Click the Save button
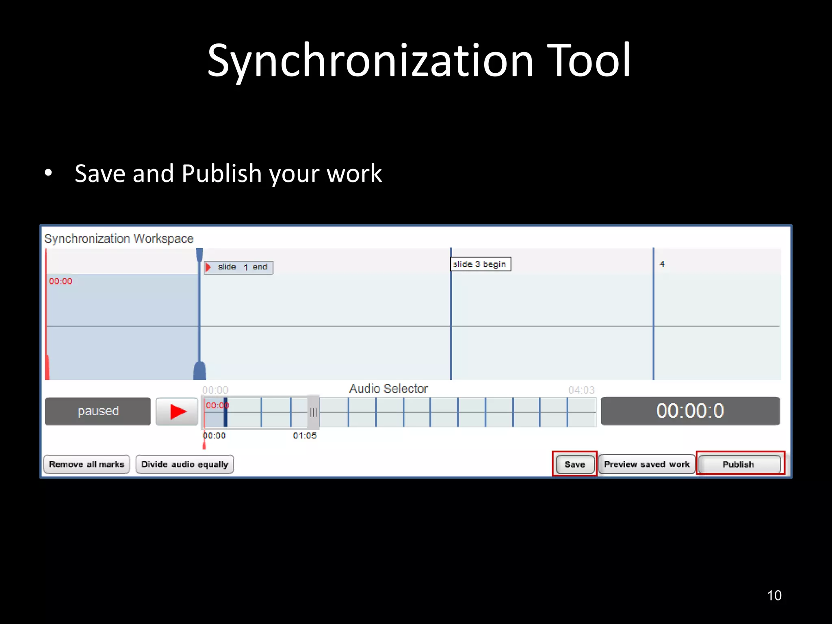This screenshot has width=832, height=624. tap(574, 464)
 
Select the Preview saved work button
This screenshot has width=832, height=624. tap(646, 464)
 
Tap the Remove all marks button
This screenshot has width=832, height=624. tap(87, 464)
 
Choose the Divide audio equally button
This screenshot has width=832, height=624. tap(184, 464)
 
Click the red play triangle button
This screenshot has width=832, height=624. tap(177, 411)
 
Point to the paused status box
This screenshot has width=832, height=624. tap(98, 411)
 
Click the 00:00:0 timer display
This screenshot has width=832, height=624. tap(690, 411)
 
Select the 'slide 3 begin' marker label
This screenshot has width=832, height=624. tap(480, 264)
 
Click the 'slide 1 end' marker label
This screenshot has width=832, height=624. tap(238, 267)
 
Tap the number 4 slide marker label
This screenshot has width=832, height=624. tap(662, 264)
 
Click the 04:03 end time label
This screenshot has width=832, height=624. tap(581, 390)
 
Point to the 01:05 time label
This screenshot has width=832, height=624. tap(305, 435)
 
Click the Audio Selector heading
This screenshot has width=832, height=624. tap(388, 389)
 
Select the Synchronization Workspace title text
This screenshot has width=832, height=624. tap(119, 238)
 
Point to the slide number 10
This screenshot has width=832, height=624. tap(774, 595)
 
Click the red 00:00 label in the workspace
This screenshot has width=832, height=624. tap(61, 281)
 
